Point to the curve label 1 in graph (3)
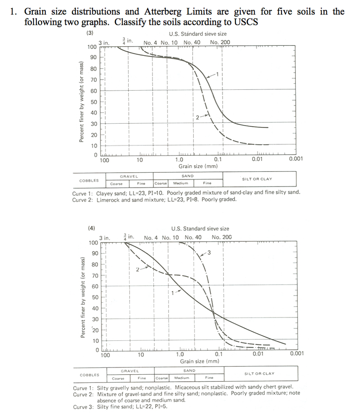pyautogui.click(x=218, y=75)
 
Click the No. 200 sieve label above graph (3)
pyautogui.click(x=220, y=42)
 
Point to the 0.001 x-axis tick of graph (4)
pyautogui.click(x=297, y=354)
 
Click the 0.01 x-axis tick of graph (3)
pyautogui.click(x=257, y=159)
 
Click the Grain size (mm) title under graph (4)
pyautogui.click(x=199, y=361)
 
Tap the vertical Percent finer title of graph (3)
pyautogui.click(x=81, y=102)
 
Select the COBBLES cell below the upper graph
pyautogui.click(x=89, y=180)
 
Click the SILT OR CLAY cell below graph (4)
pyautogui.click(x=259, y=374)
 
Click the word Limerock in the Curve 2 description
pyautogui.click(x=110, y=200)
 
